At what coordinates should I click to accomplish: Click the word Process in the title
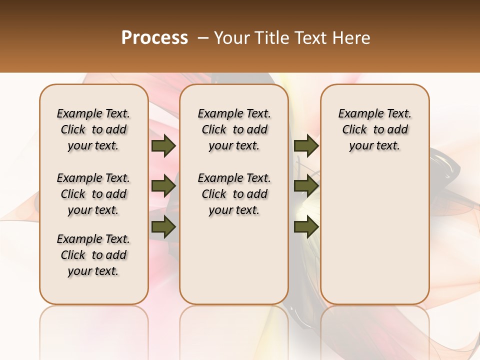tap(154, 38)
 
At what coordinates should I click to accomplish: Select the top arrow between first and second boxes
tap(163, 146)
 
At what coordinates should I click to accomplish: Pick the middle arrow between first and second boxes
tap(163, 186)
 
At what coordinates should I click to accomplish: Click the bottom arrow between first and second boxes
tap(163, 227)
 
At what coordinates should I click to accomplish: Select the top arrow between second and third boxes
tap(306, 146)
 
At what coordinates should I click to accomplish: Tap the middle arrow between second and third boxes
tap(306, 186)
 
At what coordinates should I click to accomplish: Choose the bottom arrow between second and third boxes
tap(306, 227)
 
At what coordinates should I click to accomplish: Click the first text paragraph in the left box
tap(93, 129)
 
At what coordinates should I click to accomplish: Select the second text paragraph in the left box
tap(93, 194)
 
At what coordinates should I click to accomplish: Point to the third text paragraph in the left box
tap(93, 255)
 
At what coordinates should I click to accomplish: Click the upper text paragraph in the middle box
tap(234, 129)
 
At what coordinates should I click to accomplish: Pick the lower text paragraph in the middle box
tap(234, 194)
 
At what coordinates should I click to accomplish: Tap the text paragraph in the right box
tap(374, 129)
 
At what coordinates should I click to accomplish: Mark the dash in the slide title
tap(202, 38)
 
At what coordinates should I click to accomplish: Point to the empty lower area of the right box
tap(374, 235)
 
